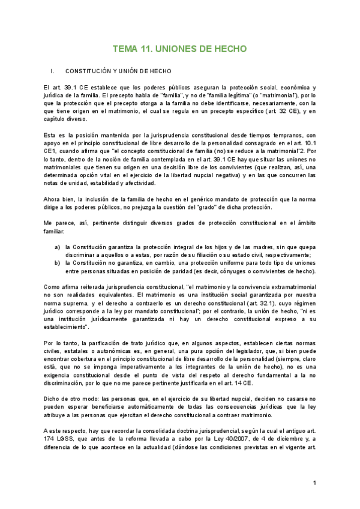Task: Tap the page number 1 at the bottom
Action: [314, 483]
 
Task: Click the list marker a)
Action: [57, 246]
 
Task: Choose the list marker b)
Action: [57, 263]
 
